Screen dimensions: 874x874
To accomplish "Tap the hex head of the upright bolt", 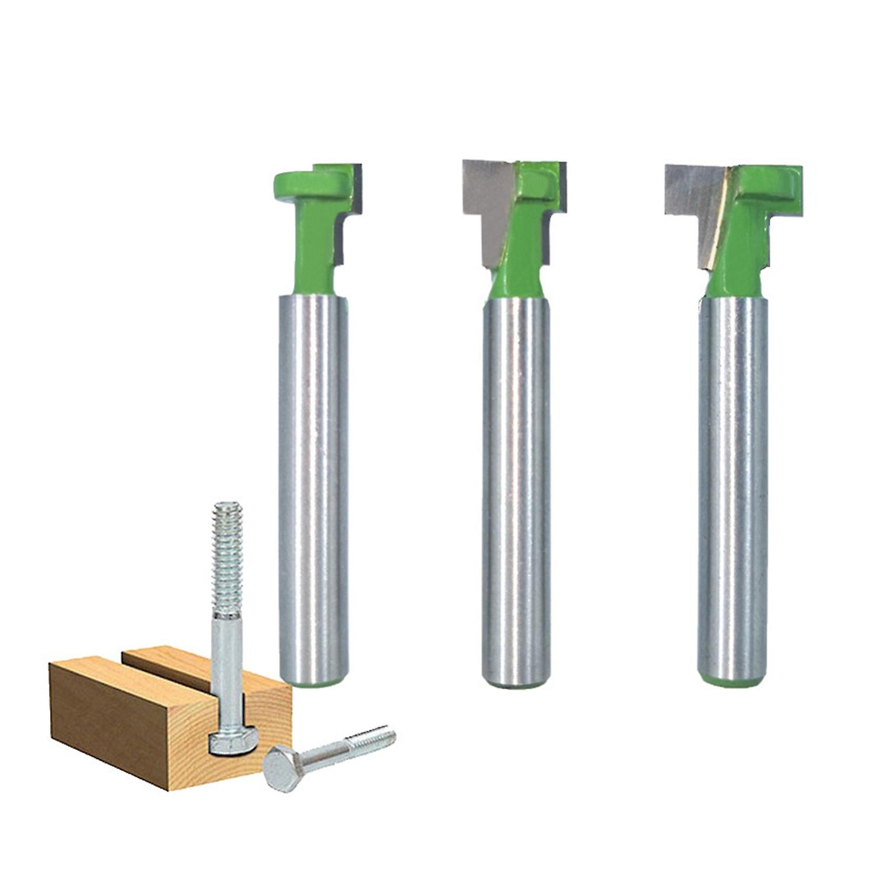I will click(x=233, y=741).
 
